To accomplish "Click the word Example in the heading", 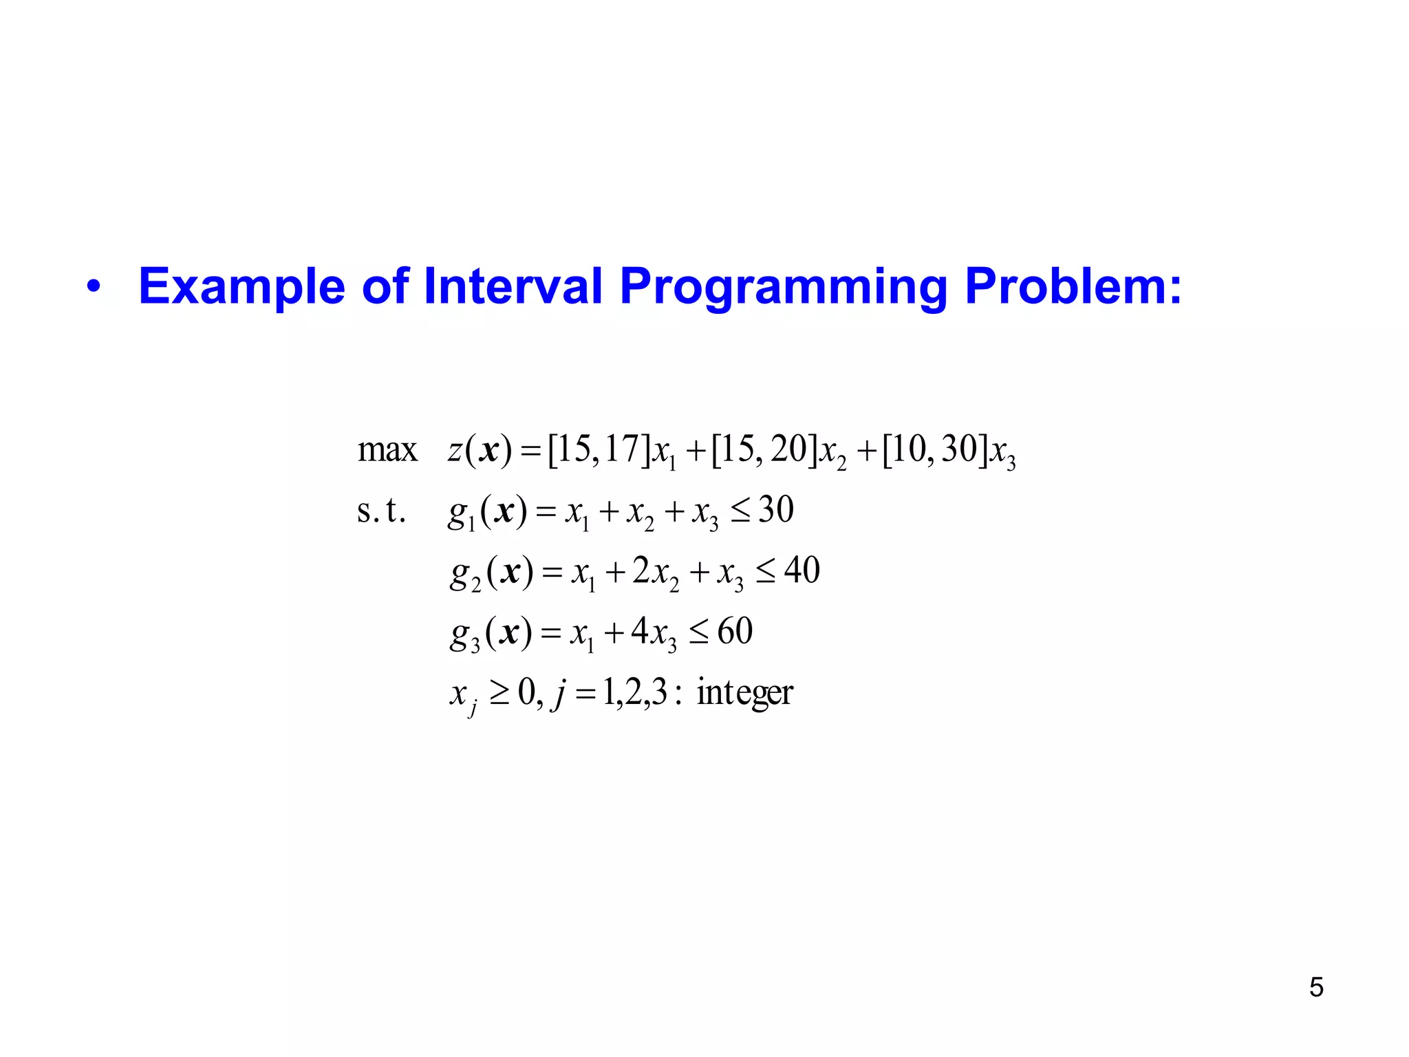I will pyautogui.click(x=241, y=286).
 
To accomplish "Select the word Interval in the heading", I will pyautogui.click(x=513, y=286).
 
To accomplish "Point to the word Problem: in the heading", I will pyautogui.click(x=1073, y=286).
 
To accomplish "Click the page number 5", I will pyautogui.click(x=1315, y=987).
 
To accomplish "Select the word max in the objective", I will pyautogui.click(x=387, y=451).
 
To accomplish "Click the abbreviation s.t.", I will pyautogui.click(x=381, y=511).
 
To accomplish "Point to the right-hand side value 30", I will pyautogui.click(x=775, y=510).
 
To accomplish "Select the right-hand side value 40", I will pyautogui.click(x=802, y=570).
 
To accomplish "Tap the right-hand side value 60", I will pyautogui.click(x=735, y=631).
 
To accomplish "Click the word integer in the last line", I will pyautogui.click(x=744, y=692).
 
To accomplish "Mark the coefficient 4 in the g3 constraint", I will pyautogui.click(x=639, y=631).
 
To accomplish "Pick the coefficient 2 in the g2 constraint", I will pyautogui.click(x=641, y=570).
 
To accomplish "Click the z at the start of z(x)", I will pyautogui.click(x=455, y=451).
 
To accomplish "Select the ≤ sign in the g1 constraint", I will pyautogui.click(x=740, y=511).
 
